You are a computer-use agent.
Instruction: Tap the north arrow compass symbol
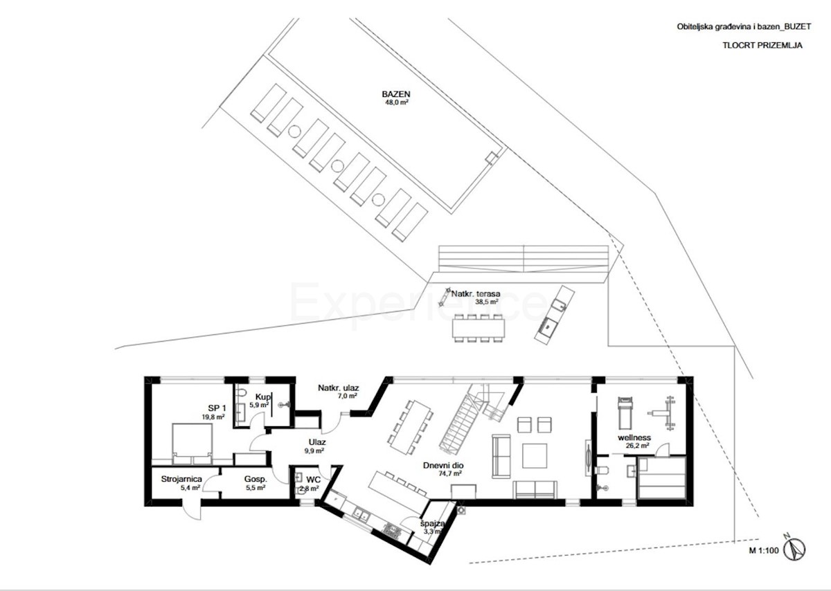798,547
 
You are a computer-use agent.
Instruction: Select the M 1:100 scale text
763,552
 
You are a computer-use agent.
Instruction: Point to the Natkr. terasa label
476,293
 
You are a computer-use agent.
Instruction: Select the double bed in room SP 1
191,443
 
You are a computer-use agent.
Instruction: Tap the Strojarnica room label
181,478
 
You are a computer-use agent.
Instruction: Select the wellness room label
634,437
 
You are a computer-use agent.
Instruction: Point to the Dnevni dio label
443,465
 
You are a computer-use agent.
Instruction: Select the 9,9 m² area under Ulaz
315,450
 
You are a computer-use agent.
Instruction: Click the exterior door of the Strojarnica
190,509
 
